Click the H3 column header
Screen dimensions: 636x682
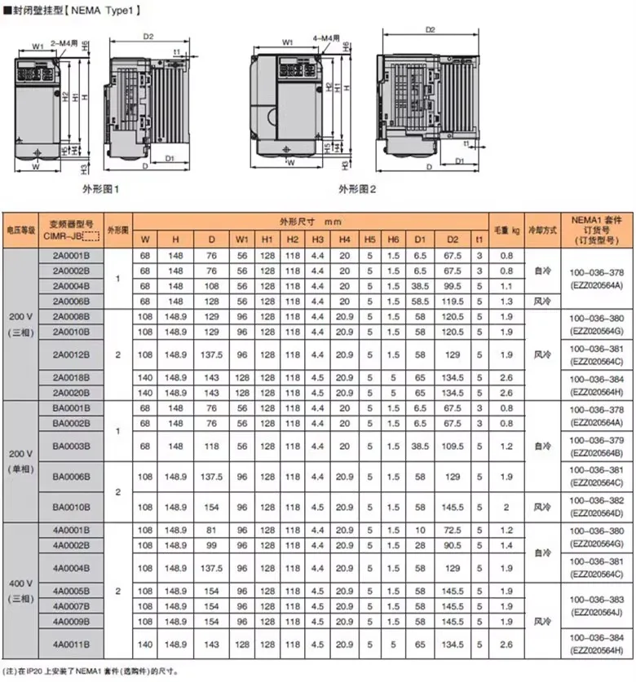click(x=318, y=239)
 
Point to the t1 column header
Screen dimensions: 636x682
click(x=480, y=239)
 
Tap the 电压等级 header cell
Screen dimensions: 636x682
click(x=21, y=230)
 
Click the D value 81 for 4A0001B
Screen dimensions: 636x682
click(x=211, y=530)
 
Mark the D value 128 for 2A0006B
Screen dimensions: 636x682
click(x=211, y=301)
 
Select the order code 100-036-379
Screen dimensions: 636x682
click(x=600, y=440)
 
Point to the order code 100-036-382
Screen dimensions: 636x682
click(x=600, y=499)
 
